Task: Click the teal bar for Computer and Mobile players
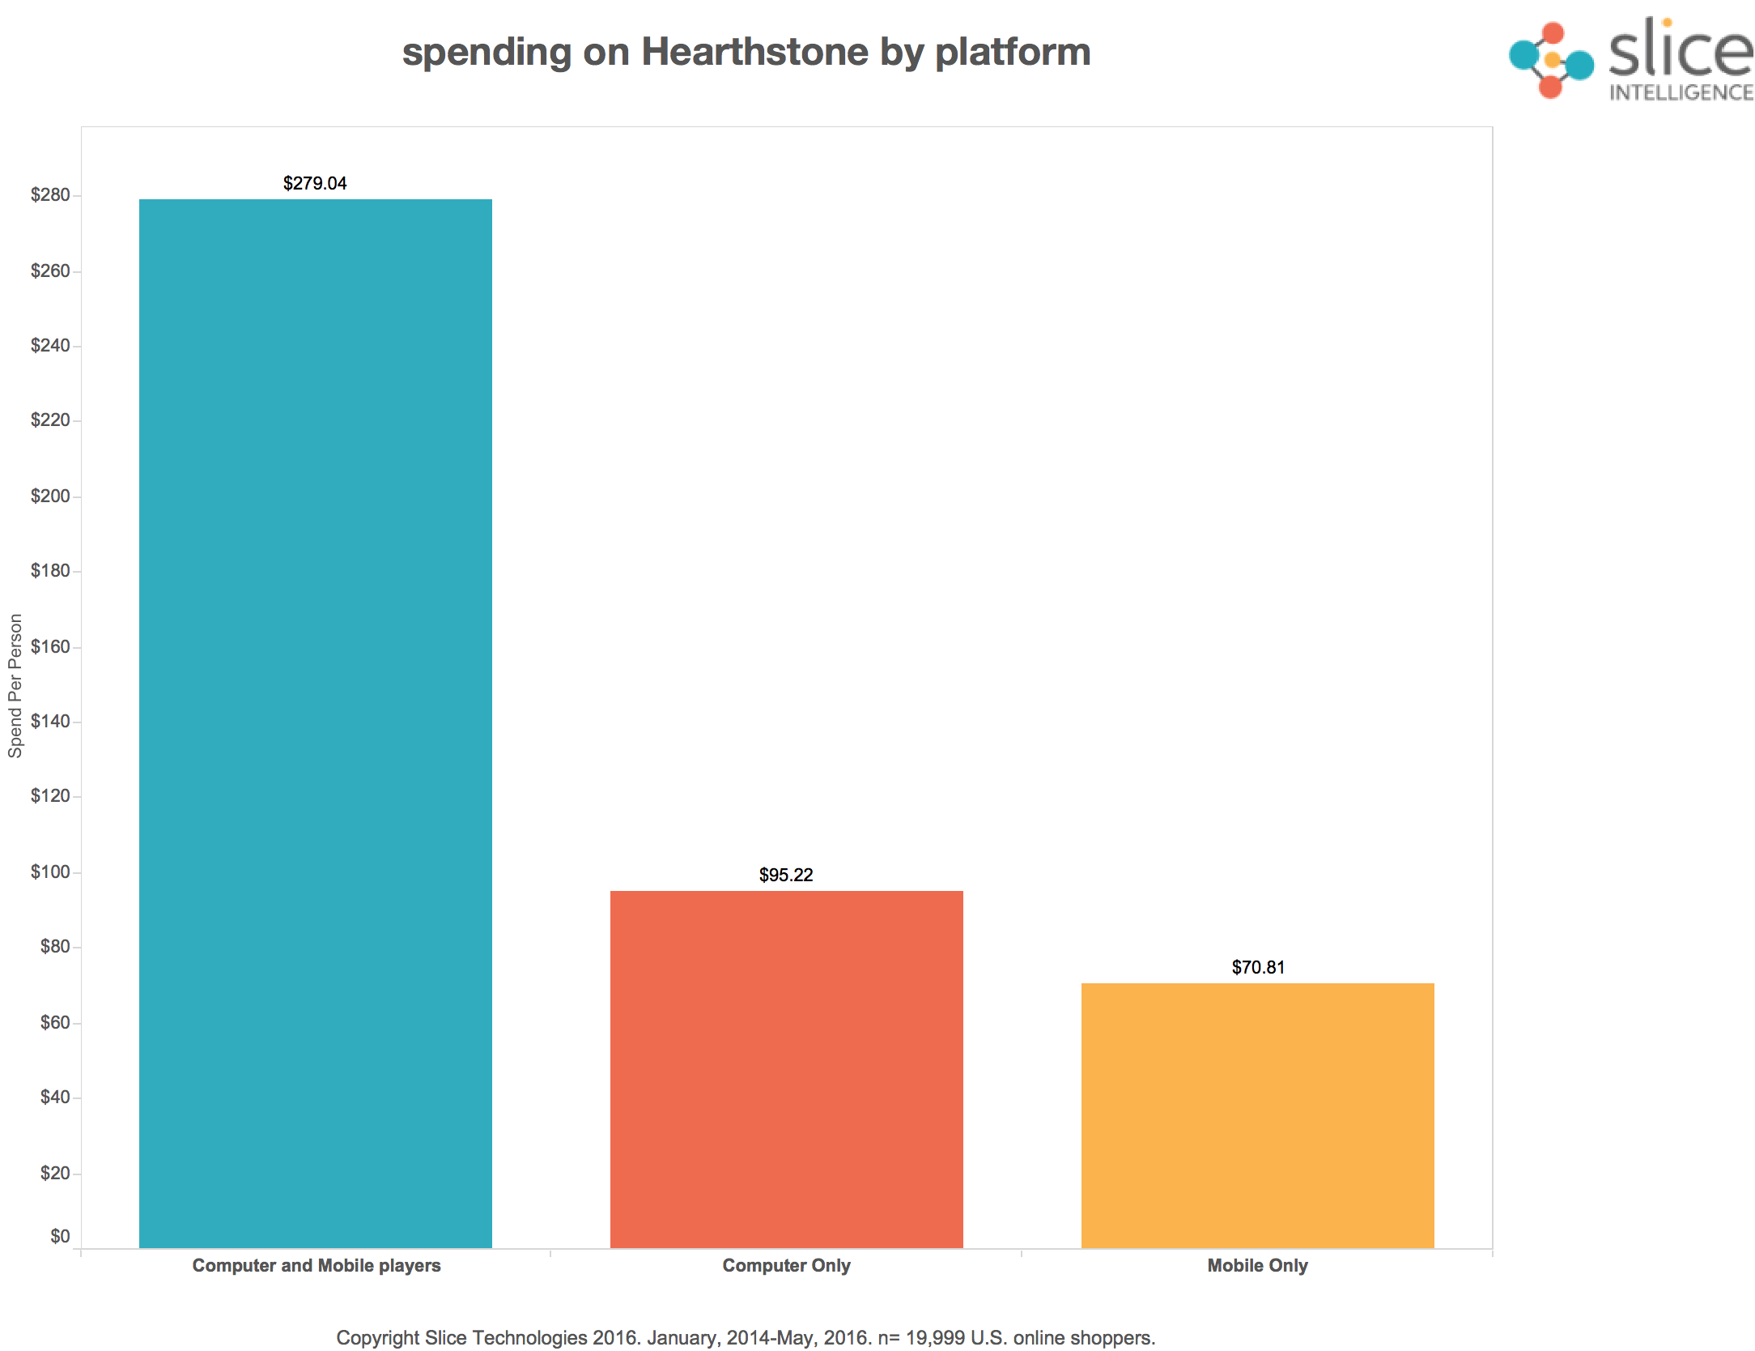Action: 315,723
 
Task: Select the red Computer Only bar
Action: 786,1069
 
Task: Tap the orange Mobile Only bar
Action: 1257,1115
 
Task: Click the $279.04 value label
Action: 315,183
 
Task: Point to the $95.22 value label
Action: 786,875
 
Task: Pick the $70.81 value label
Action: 1258,967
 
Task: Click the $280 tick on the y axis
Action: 50,195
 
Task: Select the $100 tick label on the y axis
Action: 50,872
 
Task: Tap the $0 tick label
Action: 60,1236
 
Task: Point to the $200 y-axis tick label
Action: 50,497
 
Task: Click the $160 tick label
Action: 50,647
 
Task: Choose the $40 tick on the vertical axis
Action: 55,1097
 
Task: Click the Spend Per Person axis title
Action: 15,685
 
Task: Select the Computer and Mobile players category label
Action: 317,1265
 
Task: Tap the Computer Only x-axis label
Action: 786,1265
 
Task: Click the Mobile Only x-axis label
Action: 1257,1265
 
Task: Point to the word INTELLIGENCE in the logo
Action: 1681,93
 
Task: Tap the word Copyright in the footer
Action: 377,1337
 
